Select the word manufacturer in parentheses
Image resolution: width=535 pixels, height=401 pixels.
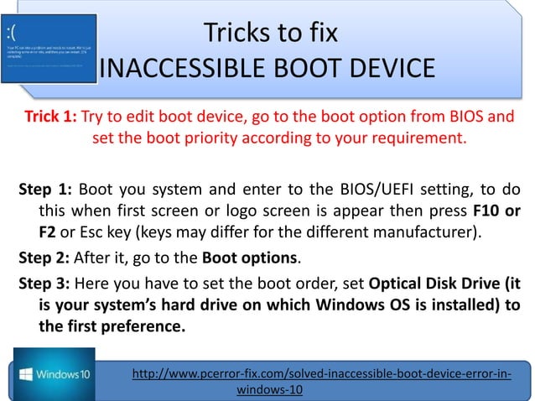(x=436, y=230)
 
